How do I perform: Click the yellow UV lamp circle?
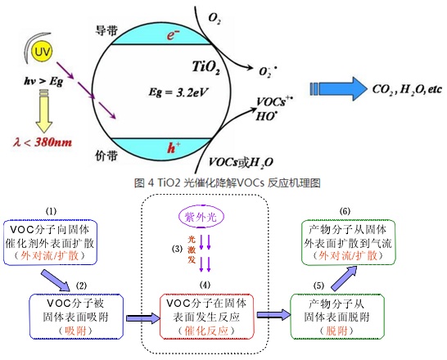pyautogui.click(x=43, y=52)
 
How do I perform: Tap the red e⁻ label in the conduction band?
pyautogui.click(x=173, y=35)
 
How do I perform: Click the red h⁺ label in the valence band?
pyautogui.click(x=174, y=147)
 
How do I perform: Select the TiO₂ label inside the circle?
pyautogui.click(x=206, y=67)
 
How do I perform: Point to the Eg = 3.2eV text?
pyautogui.click(x=178, y=92)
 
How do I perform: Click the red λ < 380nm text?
pyautogui.click(x=43, y=142)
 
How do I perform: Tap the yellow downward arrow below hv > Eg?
pyautogui.click(x=44, y=111)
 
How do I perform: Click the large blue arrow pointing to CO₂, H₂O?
pyautogui.click(x=338, y=88)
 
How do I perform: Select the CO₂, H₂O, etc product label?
pyautogui.click(x=408, y=89)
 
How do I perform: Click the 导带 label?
pyautogui.click(x=106, y=30)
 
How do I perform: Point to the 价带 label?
pyautogui.click(x=106, y=155)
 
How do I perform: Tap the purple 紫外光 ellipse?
pyautogui.click(x=201, y=217)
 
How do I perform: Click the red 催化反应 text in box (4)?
pyautogui.click(x=206, y=331)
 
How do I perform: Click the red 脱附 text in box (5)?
pyautogui.click(x=336, y=331)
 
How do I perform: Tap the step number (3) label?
pyautogui.click(x=177, y=250)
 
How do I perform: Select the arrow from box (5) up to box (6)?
pyautogui.click(x=345, y=277)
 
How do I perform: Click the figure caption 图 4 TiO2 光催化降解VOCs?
pyautogui.click(x=228, y=182)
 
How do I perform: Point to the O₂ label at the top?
pyautogui.click(x=214, y=18)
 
